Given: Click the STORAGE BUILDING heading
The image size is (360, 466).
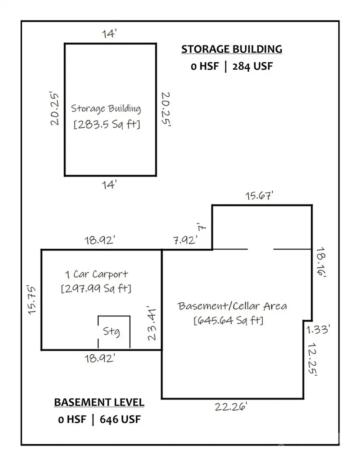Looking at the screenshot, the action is (x=232, y=49).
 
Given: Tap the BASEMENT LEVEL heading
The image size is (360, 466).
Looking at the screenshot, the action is (x=99, y=402).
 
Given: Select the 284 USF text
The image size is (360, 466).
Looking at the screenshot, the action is (x=252, y=66).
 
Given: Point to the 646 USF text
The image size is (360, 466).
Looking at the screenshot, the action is (x=120, y=419).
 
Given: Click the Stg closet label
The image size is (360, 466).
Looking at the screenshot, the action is (x=111, y=331).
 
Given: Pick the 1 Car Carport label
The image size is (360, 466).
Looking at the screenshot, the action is (x=96, y=274).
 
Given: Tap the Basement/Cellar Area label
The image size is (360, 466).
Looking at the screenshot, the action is (x=232, y=306).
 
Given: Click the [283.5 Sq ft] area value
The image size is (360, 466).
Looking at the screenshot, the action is (x=107, y=124).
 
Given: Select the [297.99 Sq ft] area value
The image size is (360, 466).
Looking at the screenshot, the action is (x=96, y=288).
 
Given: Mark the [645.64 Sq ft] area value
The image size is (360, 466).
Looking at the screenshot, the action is (x=228, y=320).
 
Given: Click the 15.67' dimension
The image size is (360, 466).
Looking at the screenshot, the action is (x=259, y=195).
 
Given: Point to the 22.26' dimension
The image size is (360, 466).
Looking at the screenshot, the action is (x=231, y=406).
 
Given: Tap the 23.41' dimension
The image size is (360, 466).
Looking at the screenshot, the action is (x=152, y=324).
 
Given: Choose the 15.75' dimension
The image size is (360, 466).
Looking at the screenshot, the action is (x=31, y=300).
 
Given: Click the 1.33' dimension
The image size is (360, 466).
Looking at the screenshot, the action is (x=318, y=329).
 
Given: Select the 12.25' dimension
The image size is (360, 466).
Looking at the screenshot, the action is (x=312, y=359).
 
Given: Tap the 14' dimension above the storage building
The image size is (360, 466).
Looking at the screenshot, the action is (x=109, y=34).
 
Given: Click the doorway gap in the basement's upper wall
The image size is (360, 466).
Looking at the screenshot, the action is (x=261, y=249).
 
